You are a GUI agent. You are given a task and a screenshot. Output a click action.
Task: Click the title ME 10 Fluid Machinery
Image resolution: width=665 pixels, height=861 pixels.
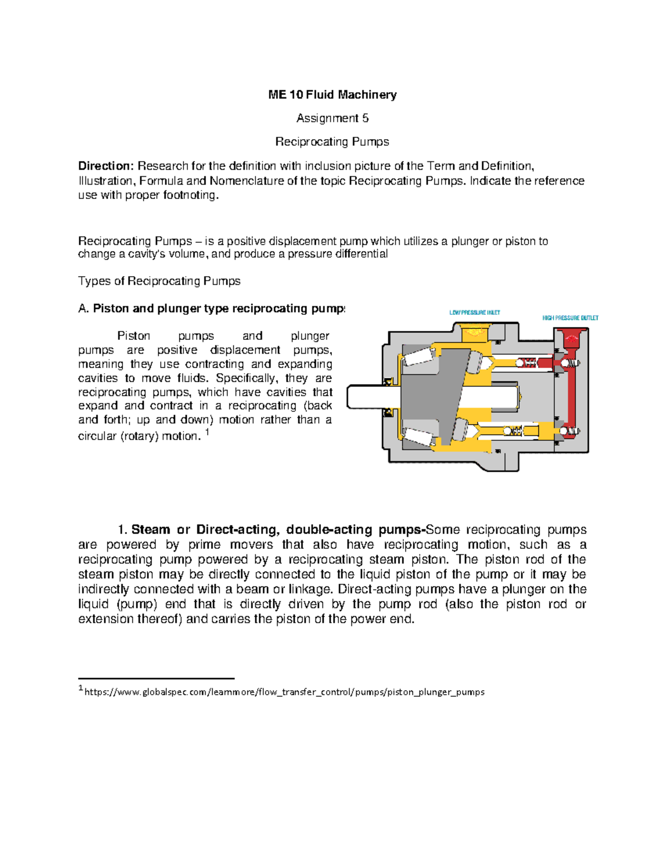coord(332,95)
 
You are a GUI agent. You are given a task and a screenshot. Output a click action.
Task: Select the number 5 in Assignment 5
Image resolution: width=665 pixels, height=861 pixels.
coord(365,118)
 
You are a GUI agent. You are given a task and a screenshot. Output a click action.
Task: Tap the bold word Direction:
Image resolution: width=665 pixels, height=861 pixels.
coord(106,166)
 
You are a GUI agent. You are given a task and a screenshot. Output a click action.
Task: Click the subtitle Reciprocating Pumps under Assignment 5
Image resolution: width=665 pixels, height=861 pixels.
coord(332,142)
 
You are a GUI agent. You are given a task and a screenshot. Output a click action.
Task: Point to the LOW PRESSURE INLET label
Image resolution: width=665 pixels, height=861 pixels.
coord(474,313)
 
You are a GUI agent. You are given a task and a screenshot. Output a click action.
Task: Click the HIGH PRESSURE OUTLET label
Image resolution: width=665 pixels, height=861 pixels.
coord(570,318)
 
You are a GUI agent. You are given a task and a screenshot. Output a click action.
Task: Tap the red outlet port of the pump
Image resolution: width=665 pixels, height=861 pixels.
coord(571,339)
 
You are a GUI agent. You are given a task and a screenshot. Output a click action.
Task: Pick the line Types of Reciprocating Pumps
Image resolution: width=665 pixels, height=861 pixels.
coord(159,281)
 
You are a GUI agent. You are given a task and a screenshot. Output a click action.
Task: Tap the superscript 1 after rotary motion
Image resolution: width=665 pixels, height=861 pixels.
coord(207,432)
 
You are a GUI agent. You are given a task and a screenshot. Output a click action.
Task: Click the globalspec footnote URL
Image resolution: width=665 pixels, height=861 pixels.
coord(284,692)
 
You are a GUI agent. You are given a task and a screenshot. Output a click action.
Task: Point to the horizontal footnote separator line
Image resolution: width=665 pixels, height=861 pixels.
coord(156,678)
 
